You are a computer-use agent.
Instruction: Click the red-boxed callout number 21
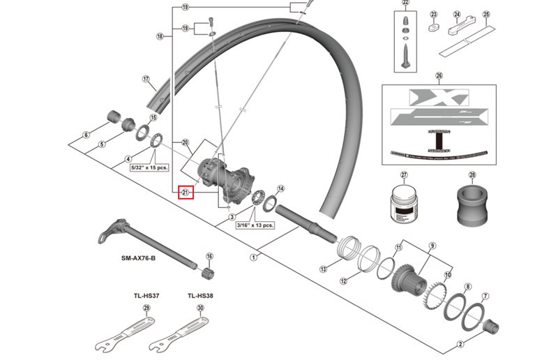click(186, 192)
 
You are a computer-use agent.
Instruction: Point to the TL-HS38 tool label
click(200, 294)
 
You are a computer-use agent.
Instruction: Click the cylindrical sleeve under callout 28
click(472, 203)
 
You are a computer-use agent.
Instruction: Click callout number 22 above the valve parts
click(406, 3)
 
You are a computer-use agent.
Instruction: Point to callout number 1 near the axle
click(252, 257)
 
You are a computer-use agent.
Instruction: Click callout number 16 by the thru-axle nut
click(209, 257)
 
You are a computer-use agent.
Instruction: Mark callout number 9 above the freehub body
click(432, 246)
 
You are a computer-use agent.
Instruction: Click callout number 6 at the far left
click(86, 135)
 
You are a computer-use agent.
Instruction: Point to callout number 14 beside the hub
click(280, 188)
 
